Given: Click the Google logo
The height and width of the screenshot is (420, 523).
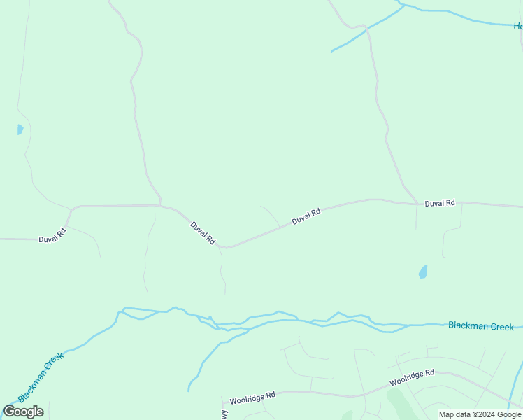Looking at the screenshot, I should coord(24,412).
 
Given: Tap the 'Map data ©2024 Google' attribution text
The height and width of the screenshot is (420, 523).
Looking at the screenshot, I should coord(480,414).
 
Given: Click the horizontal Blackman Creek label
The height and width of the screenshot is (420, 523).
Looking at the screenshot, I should coord(480,326).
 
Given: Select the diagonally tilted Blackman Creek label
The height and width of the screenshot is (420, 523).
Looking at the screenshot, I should coord(41,377).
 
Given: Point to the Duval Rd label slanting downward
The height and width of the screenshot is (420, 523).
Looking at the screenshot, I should coord(203,233).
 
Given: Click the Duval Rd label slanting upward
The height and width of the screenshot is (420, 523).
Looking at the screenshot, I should coord(306,216).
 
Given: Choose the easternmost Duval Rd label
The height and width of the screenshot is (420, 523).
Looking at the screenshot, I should coord(440,203).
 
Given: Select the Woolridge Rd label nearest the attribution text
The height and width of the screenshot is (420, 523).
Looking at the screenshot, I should coord(412,377).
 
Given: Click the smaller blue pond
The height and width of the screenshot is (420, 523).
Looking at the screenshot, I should coord(20,129).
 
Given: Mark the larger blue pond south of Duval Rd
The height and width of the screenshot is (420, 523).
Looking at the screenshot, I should coord(423,272).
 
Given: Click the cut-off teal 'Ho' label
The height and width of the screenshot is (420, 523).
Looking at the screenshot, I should coord(518,26).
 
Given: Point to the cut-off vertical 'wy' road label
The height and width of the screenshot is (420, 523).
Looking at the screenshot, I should coord(226,415).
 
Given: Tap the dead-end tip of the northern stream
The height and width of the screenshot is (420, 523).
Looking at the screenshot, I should coord(331,52).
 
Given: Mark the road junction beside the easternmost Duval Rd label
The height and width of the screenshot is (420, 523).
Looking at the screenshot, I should coord(417,204).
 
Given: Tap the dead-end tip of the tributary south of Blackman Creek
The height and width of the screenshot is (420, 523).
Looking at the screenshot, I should coord(189,390).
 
